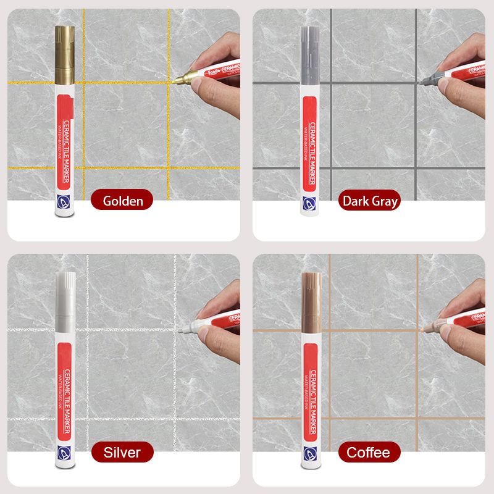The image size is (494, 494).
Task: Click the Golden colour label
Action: click(123, 200)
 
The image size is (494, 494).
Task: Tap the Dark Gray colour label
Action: click(370, 201)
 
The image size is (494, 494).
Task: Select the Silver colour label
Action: click(122, 452)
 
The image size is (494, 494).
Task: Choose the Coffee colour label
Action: click(369, 452)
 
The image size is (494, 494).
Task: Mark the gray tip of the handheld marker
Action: click(427, 80)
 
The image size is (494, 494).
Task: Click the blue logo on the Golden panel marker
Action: click(64, 201)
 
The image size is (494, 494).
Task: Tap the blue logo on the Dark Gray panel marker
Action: click(310, 201)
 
